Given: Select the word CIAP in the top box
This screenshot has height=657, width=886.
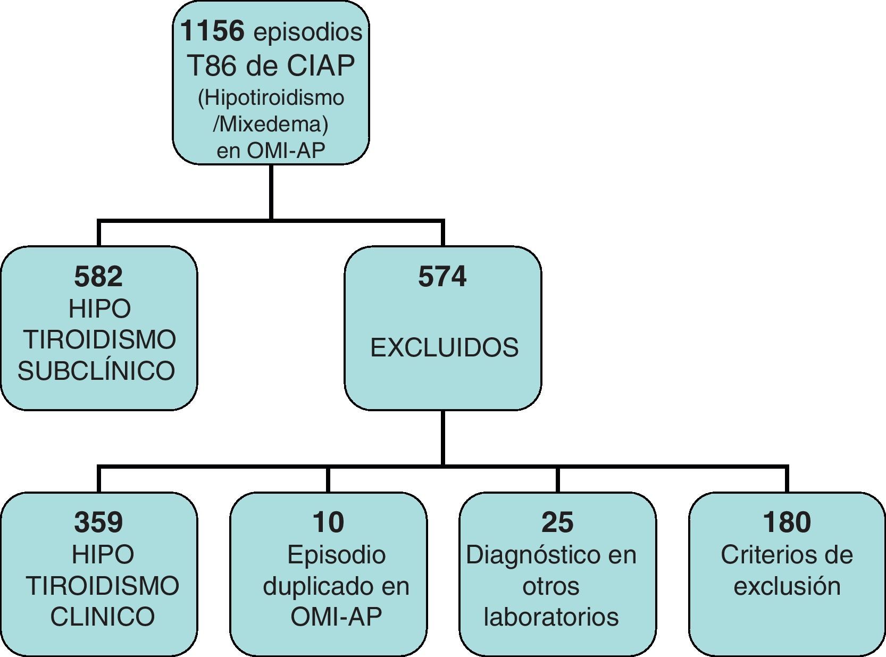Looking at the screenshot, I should click(x=321, y=65).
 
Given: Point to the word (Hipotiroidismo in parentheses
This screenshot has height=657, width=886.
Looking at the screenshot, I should click(x=271, y=98).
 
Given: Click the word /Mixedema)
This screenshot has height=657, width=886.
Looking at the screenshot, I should click(x=270, y=124).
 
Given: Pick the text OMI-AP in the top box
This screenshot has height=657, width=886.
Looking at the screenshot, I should click(x=286, y=151).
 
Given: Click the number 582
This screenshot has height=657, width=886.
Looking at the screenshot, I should click(x=98, y=277).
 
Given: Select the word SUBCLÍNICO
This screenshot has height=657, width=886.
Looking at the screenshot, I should click(x=96, y=371).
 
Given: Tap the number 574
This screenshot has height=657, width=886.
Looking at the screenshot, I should click(x=442, y=277).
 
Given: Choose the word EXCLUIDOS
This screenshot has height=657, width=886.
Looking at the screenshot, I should click(x=444, y=348).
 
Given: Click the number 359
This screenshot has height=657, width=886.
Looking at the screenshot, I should click(x=98, y=522).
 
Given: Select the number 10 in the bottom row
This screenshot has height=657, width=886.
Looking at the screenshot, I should click(x=328, y=522).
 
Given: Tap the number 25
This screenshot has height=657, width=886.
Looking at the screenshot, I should click(x=557, y=522).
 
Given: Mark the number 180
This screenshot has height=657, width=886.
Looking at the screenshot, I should click(x=787, y=522).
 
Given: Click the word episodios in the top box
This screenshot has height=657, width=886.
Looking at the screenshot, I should click(x=308, y=32).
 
